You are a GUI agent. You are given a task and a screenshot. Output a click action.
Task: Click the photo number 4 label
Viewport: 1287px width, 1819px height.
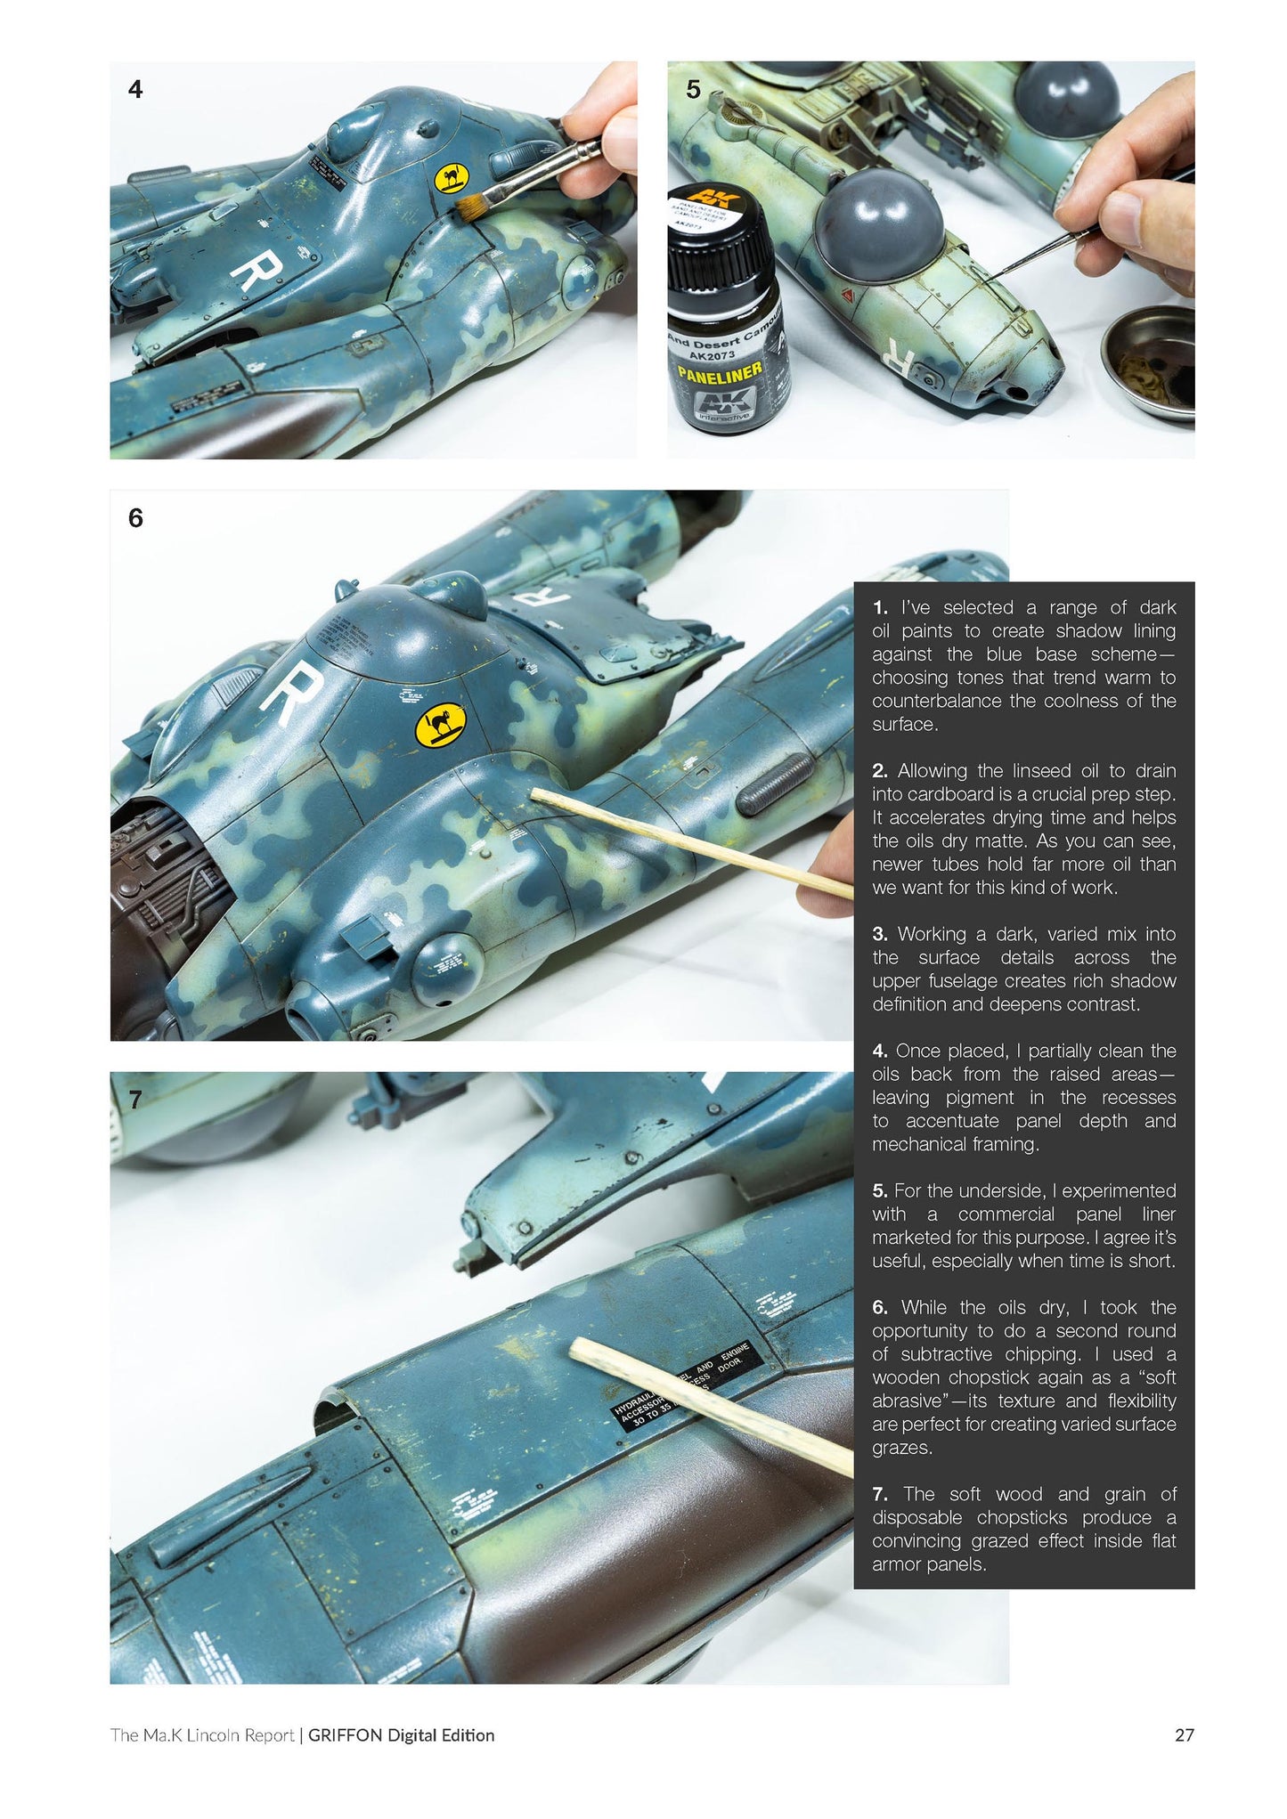(135, 89)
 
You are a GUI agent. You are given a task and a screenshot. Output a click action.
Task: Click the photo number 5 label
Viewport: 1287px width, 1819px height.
(694, 89)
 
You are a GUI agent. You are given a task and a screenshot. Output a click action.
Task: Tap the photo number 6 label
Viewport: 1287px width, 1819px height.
(135, 518)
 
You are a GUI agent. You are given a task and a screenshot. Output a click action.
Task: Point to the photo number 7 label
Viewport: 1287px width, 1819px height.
(135, 1100)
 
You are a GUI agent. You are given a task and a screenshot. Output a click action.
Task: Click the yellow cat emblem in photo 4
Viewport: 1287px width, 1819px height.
(450, 179)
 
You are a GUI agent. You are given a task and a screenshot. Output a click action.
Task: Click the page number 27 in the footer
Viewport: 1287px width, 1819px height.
(1184, 1735)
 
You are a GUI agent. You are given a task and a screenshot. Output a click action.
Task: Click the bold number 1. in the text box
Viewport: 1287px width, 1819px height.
(880, 608)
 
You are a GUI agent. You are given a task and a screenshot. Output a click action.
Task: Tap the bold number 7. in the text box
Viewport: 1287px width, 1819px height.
(880, 1494)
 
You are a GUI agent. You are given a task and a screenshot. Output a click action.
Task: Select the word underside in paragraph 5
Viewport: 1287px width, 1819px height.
(1010, 1191)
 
